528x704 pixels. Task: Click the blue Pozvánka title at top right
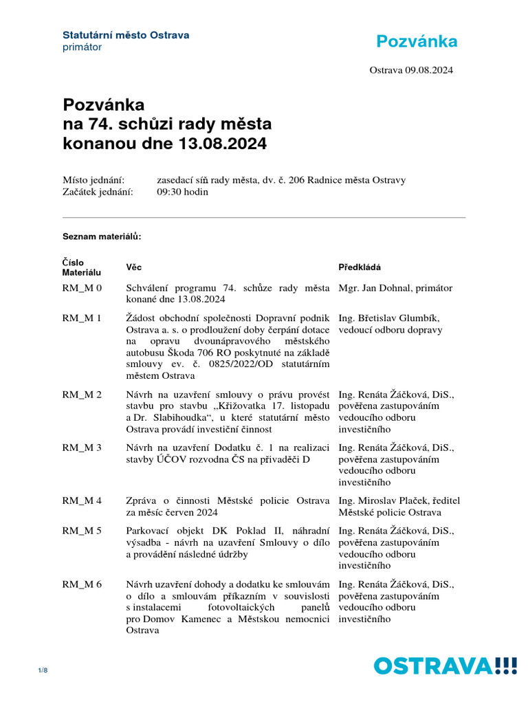[x=417, y=42]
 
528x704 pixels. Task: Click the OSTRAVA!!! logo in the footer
[x=445, y=666]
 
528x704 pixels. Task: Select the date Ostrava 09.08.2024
[x=411, y=70]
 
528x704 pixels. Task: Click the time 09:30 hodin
[x=182, y=192]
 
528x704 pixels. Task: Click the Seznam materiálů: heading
[x=102, y=236]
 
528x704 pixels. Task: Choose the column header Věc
[x=134, y=267]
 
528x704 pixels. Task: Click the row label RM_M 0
[x=82, y=288]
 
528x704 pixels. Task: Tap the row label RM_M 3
[x=82, y=448]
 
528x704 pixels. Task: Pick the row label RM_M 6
[x=82, y=584]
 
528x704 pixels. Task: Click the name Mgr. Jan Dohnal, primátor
[x=395, y=288]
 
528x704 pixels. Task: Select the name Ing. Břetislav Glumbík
[x=388, y=318]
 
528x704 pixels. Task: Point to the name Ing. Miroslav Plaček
[x=382, y=500]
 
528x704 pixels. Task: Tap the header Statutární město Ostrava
[x=126, y=35]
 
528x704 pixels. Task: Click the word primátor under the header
[x=82, y=47]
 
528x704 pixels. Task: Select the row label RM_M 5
[x=82, y=531]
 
